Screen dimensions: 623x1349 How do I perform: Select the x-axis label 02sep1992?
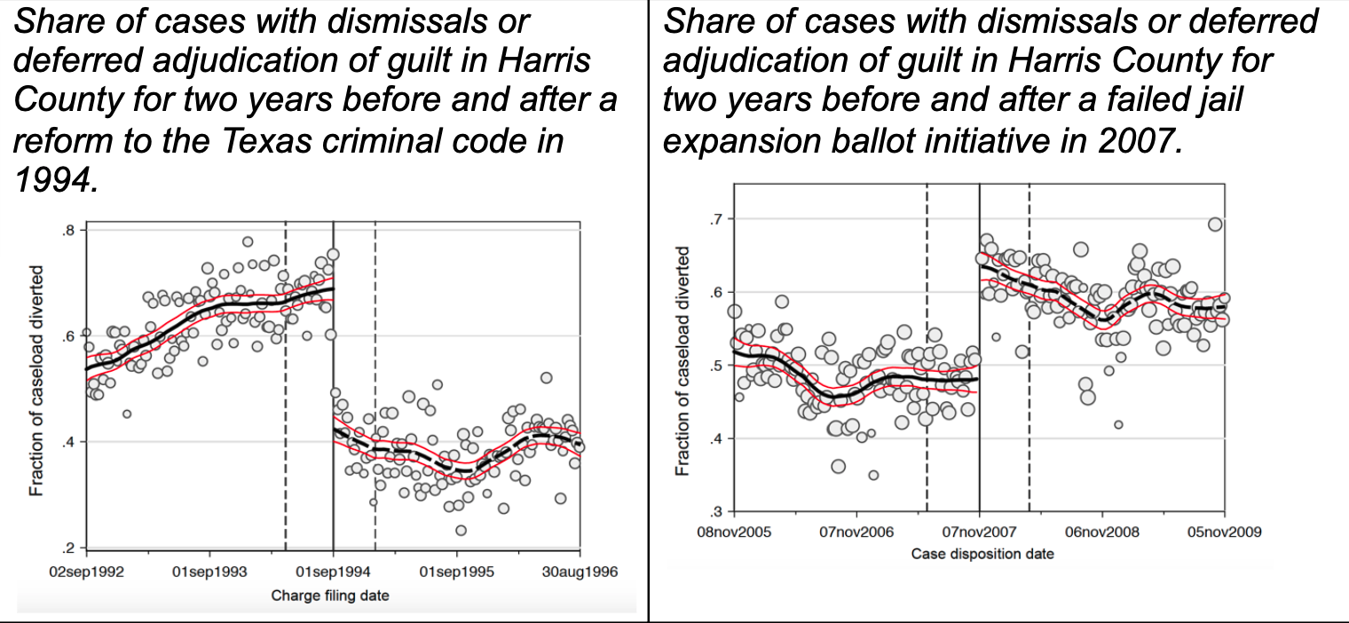(x=86, y=572)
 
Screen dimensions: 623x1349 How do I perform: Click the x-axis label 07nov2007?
(x=979, y=532)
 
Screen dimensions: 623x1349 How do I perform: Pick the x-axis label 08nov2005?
(x=735, y=532)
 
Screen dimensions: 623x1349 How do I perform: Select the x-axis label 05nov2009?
(x=1224, y=532)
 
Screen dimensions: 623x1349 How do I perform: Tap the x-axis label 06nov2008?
(x=1101, y=532)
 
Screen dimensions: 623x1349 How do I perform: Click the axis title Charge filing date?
(x=330, y=595)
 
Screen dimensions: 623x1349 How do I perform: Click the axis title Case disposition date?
(x=982, y=555)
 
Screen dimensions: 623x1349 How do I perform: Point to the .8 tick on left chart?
(x=67, y=231)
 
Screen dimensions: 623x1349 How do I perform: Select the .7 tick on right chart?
(x=715, y=218)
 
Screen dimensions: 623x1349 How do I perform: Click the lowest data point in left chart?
(x=461, y=530)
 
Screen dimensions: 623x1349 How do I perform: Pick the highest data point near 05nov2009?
(x=1215, y=225)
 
